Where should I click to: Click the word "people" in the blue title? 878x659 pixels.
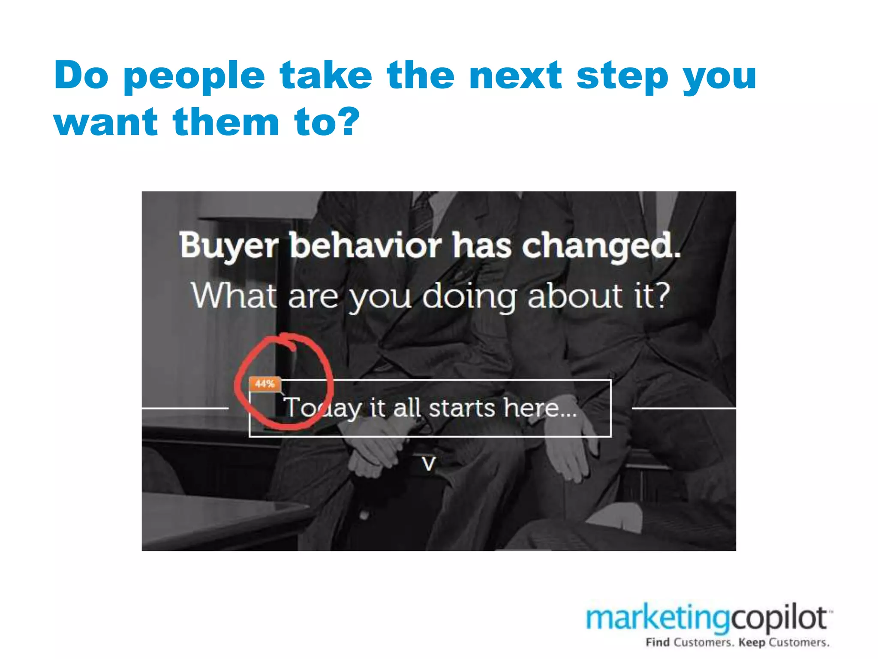pos(194,76)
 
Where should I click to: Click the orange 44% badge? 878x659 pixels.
pos(265,384)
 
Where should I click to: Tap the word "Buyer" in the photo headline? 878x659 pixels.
pos(229,246)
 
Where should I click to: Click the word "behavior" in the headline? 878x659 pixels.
pos(365,246)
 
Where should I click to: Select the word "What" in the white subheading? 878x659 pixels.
pos(234,296)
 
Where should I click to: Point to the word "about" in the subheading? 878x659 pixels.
pos(575,296)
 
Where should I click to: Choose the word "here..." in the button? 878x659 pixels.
pos(540,408)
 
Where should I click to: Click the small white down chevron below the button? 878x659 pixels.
pos(429,464)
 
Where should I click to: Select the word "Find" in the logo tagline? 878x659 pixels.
pos(658,642)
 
